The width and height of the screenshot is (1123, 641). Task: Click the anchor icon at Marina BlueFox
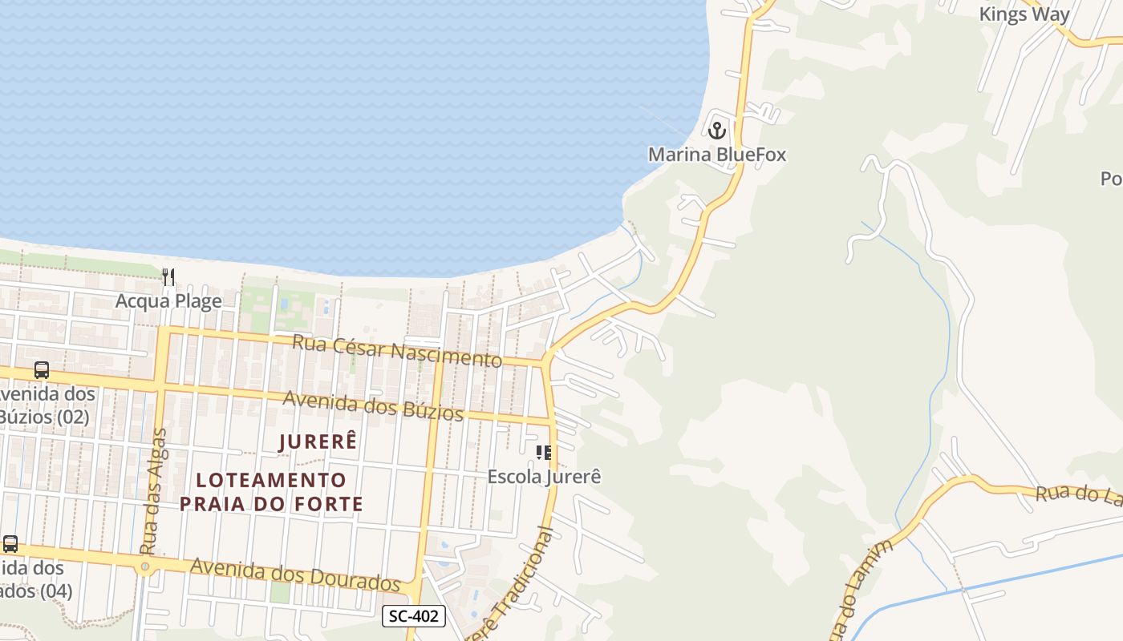pos(717,129)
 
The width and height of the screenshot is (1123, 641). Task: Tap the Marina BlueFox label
pos(717,154)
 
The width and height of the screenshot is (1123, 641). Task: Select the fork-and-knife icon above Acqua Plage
pos(168,277)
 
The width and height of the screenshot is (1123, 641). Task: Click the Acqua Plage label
pos(168,301)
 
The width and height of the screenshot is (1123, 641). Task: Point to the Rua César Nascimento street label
pos(397,351)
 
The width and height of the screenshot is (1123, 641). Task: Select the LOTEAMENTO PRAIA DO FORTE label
pos(271,492)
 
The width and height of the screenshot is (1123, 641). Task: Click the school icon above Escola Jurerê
pos(544,453)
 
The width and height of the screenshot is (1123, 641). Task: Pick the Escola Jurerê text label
pos(544,477)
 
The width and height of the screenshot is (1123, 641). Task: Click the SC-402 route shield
pos(414,616)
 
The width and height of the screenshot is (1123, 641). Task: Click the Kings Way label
pos(1024,14)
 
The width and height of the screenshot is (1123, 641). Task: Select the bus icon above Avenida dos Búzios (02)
pos(42,370)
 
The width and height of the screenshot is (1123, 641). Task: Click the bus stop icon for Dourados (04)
pos(10,543)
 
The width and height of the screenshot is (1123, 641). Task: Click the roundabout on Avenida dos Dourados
pos(145,567)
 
